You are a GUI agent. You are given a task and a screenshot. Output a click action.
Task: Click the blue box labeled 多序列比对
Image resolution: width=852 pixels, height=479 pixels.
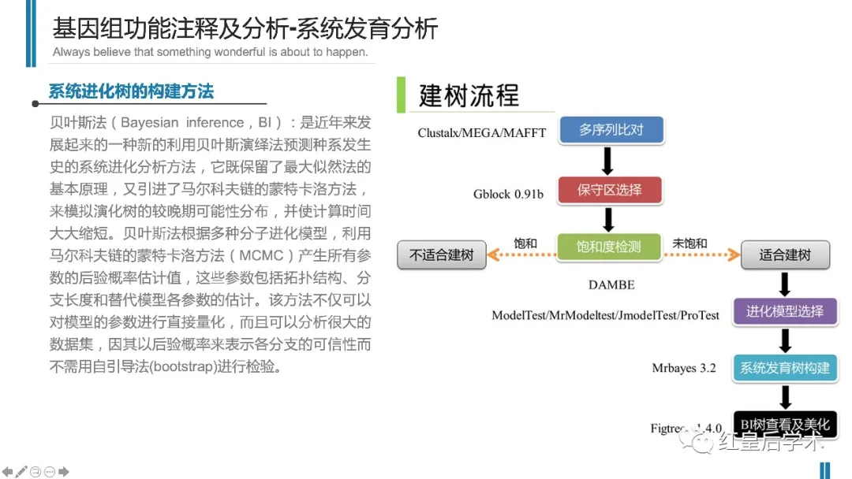[611, 130]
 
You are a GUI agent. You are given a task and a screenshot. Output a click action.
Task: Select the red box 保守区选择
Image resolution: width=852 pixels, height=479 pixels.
[609, 190]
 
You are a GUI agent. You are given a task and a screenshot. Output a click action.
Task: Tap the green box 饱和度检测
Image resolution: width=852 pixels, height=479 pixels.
[609, 247]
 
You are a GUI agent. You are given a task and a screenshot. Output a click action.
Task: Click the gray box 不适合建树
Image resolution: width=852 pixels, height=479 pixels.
[441, 255]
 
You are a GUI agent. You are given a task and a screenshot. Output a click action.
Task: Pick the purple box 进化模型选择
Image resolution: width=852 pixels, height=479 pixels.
[784, 311]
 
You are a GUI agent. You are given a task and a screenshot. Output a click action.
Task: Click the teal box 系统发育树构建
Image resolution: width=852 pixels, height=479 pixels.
[784, 368]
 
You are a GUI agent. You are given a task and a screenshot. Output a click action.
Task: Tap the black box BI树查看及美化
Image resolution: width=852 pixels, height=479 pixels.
[784, 425]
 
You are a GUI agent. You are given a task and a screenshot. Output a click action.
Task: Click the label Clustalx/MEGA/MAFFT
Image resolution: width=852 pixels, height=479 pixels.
[481, 132]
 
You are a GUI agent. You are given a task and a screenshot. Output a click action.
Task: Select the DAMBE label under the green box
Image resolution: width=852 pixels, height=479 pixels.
[611, 284]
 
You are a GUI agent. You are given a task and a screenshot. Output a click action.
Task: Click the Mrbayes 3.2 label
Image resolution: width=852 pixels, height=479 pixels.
[683, 368]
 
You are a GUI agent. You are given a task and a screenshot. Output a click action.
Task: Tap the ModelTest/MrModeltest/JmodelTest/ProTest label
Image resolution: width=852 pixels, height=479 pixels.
[605, 315]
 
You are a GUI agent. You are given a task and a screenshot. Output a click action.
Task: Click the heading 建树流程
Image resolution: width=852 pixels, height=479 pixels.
[469, 95]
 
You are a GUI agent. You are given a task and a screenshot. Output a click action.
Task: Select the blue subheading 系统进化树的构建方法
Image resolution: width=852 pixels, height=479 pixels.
[131, 91]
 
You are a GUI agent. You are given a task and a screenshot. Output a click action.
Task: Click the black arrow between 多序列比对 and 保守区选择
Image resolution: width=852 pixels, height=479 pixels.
[608, 161]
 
